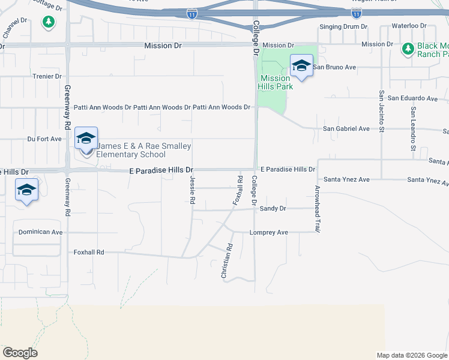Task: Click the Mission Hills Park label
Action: [276, 82]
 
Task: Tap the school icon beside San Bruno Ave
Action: [301, 66]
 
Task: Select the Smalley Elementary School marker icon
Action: [86, 139]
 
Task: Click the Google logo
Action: [20, 353]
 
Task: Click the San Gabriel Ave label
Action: [346, 128]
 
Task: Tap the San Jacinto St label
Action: [381, 111]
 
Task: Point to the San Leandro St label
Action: [412, 128]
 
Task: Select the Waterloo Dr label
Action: [408, 26]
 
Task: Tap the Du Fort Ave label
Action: [44, 139]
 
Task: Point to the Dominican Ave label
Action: [40, 232]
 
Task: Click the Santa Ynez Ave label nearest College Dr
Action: [346, 179]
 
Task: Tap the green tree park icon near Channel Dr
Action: [49, 22]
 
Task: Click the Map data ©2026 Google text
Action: [412, 355]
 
